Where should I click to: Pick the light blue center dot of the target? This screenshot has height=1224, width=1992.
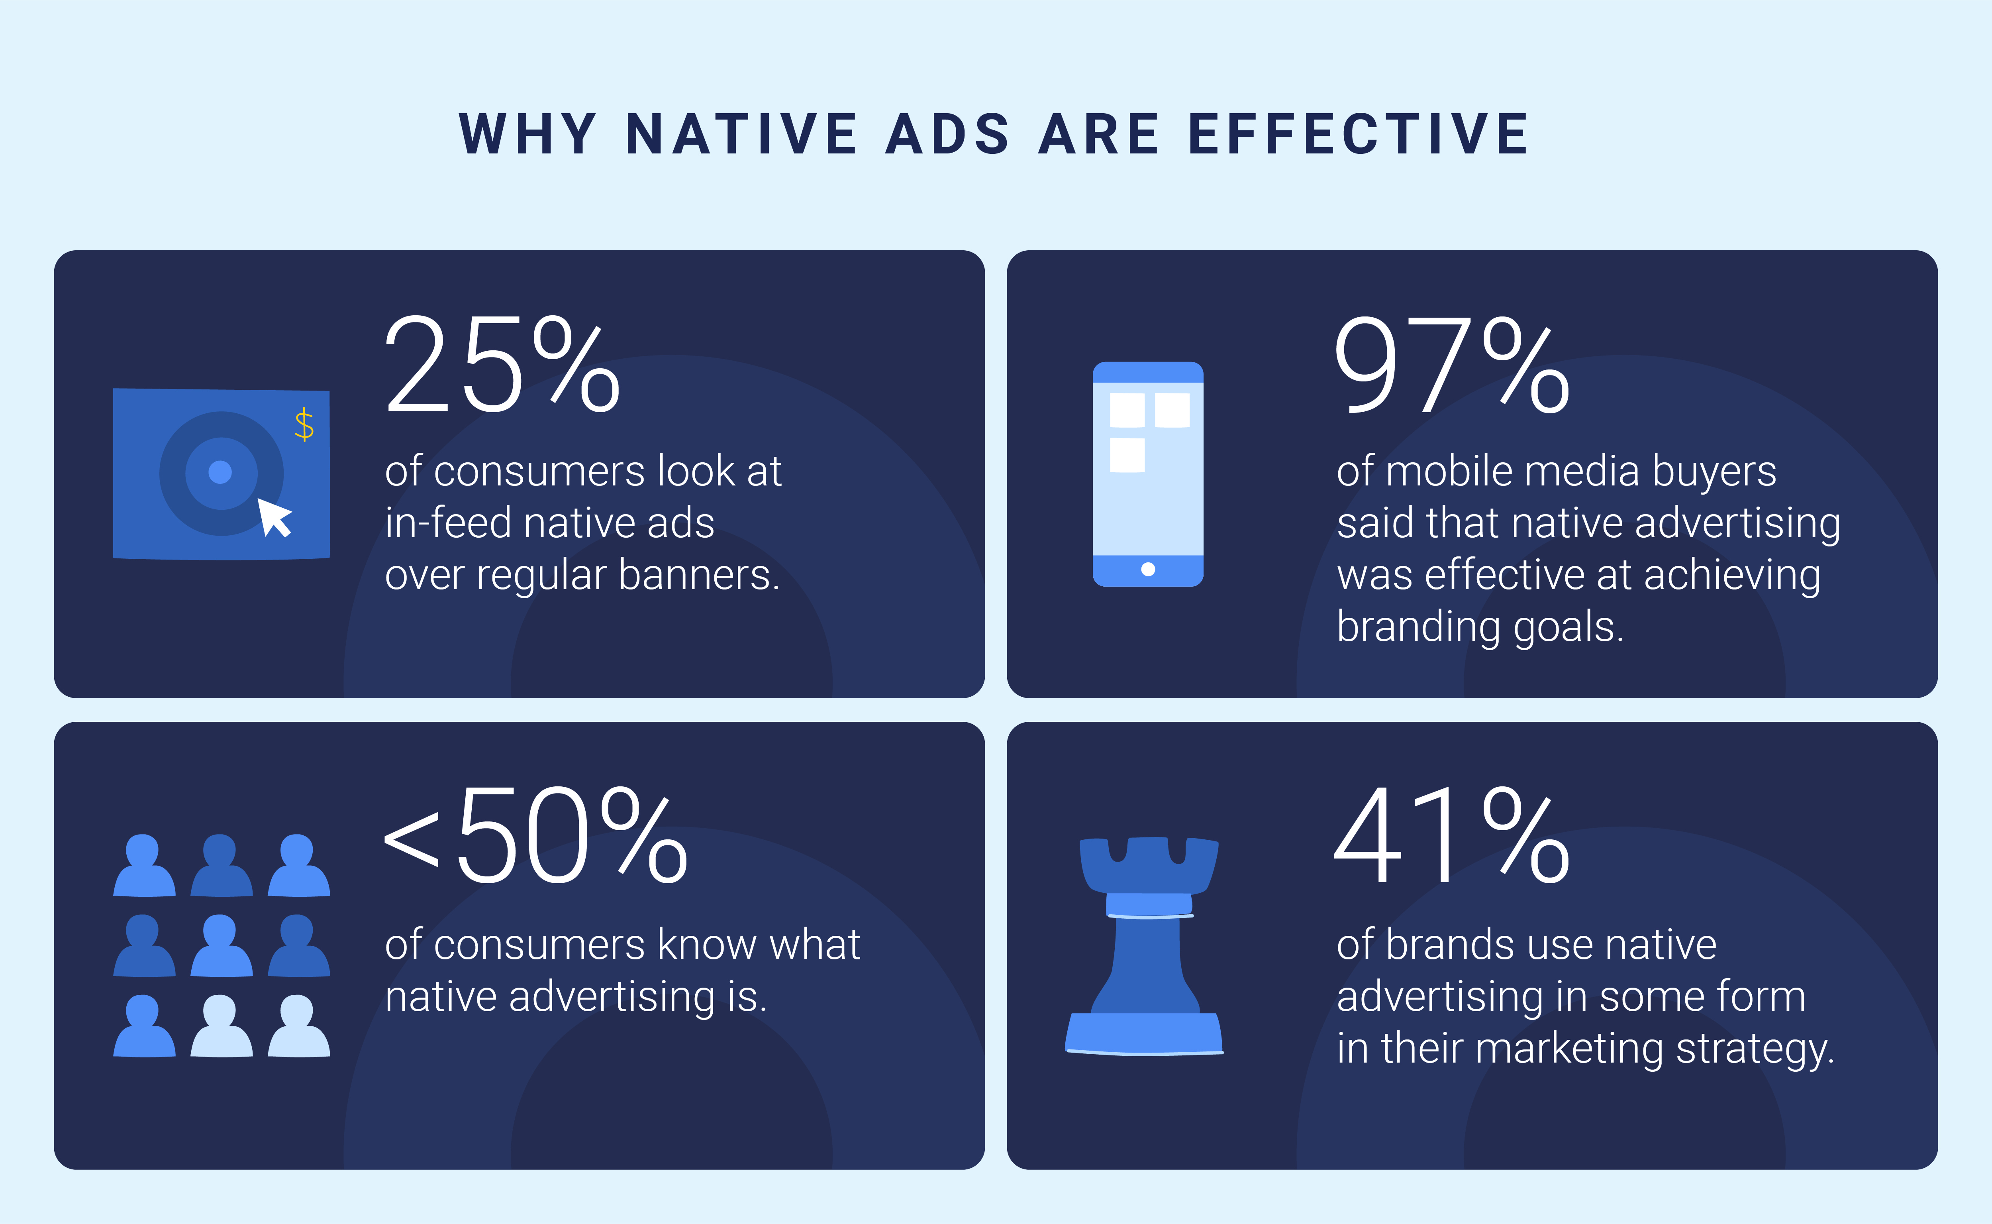(220, 472)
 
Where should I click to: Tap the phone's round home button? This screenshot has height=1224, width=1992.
(1147, 569)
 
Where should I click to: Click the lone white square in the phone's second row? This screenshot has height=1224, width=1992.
(1127, 455)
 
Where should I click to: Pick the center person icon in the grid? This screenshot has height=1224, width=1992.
(221, 945)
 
